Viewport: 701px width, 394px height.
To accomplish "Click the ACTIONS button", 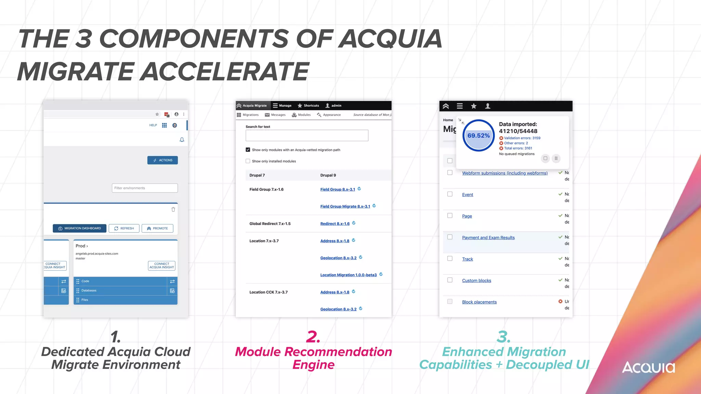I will [163, 160].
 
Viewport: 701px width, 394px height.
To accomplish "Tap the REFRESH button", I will [124, 228].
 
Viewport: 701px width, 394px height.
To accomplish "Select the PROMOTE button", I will [157, 228].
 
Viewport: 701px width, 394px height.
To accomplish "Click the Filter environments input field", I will [145, 188].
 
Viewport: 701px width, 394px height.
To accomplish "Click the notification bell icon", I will [182, 140].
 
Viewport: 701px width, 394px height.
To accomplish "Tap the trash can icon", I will [173, 209].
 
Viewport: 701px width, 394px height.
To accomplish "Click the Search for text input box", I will [307, 135].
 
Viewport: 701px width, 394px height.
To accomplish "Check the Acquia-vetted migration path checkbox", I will [248, 149].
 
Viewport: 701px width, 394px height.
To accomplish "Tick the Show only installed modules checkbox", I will [248, 161].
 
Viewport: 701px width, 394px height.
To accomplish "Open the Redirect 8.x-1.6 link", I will [335, 224].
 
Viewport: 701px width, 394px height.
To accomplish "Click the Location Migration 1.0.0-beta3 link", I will [348, 275].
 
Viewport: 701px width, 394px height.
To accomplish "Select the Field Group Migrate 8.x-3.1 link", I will [345, 207].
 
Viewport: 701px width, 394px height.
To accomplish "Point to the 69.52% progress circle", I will [479, 135].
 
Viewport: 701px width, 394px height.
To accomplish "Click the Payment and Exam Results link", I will [488, 238].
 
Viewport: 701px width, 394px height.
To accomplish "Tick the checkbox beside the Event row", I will [450, 194].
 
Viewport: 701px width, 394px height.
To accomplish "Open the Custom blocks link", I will [476, 280].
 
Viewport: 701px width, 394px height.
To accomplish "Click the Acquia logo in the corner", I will [648, 367].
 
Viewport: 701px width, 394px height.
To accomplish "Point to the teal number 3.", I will [504, 337].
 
